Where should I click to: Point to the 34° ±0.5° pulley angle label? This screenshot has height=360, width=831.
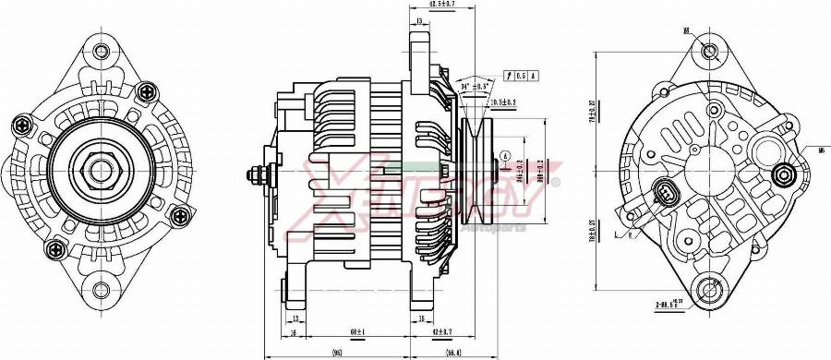473,87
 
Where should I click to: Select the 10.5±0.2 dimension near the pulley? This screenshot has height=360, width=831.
503,102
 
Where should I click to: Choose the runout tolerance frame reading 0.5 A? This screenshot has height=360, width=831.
522,74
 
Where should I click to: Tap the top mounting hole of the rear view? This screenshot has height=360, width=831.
711,51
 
